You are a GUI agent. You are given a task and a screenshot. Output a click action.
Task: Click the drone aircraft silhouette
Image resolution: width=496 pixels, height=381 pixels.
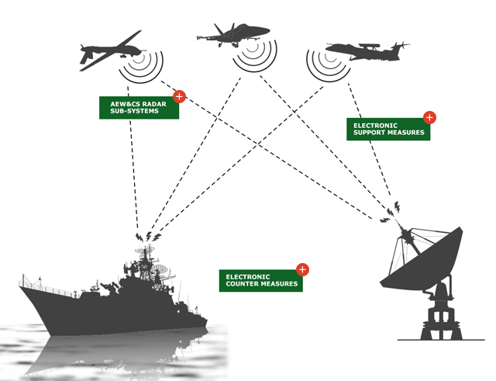coord(109,50)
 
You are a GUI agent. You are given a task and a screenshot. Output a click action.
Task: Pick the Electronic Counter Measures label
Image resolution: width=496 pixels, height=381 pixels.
coord(260,279)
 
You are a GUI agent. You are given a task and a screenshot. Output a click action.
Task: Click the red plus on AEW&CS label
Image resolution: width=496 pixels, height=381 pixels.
coord(179,97)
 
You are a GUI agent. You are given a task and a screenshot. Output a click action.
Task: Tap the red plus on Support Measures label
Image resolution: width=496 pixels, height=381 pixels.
coord(429,118)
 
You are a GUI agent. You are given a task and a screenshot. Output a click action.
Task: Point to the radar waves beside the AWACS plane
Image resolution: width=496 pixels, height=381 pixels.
coord(325,67)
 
